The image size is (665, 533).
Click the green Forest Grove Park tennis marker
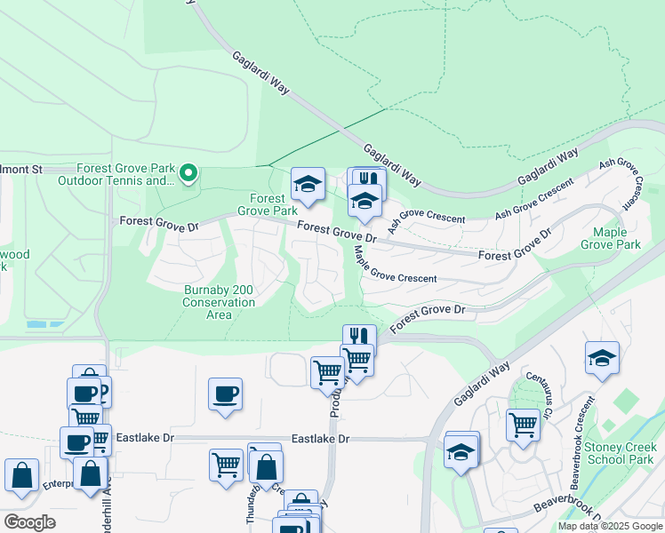click(x=188, y=173)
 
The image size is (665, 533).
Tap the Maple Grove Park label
click(x=610, y=238)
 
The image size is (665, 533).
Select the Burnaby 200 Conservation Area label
click(x=219, y=296)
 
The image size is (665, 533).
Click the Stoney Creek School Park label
click(x=621, y=453)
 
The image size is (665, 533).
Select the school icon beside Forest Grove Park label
click(x=308, y=185)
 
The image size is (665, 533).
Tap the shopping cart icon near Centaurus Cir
click(x=523, y=425)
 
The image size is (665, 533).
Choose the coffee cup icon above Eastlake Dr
click(x=225, y=394)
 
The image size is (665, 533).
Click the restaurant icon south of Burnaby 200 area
click(x=359, y=338)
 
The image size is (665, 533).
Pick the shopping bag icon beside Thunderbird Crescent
click(x=266, y=466)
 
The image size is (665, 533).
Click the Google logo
click(x=29, y=522)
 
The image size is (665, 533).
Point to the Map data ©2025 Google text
click(x=610, y=526)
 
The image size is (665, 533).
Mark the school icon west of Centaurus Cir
click(x=461, y=452)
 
